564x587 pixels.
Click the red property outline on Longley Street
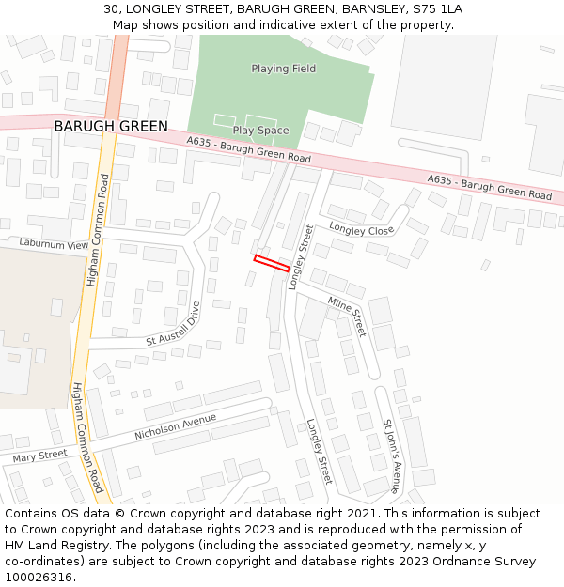[272, 263]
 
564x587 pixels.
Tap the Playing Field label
[283, 69]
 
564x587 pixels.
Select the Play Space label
[260, 131]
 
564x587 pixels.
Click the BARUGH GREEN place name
[111, 126]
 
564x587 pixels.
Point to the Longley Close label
[361, 229]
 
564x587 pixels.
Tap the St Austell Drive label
[173, 324]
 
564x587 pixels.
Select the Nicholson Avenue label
[176, 426]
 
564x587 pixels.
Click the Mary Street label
[40, 456]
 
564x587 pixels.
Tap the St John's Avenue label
[391, 456]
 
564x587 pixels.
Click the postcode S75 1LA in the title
[435, 9]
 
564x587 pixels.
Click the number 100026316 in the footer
[38, 578]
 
